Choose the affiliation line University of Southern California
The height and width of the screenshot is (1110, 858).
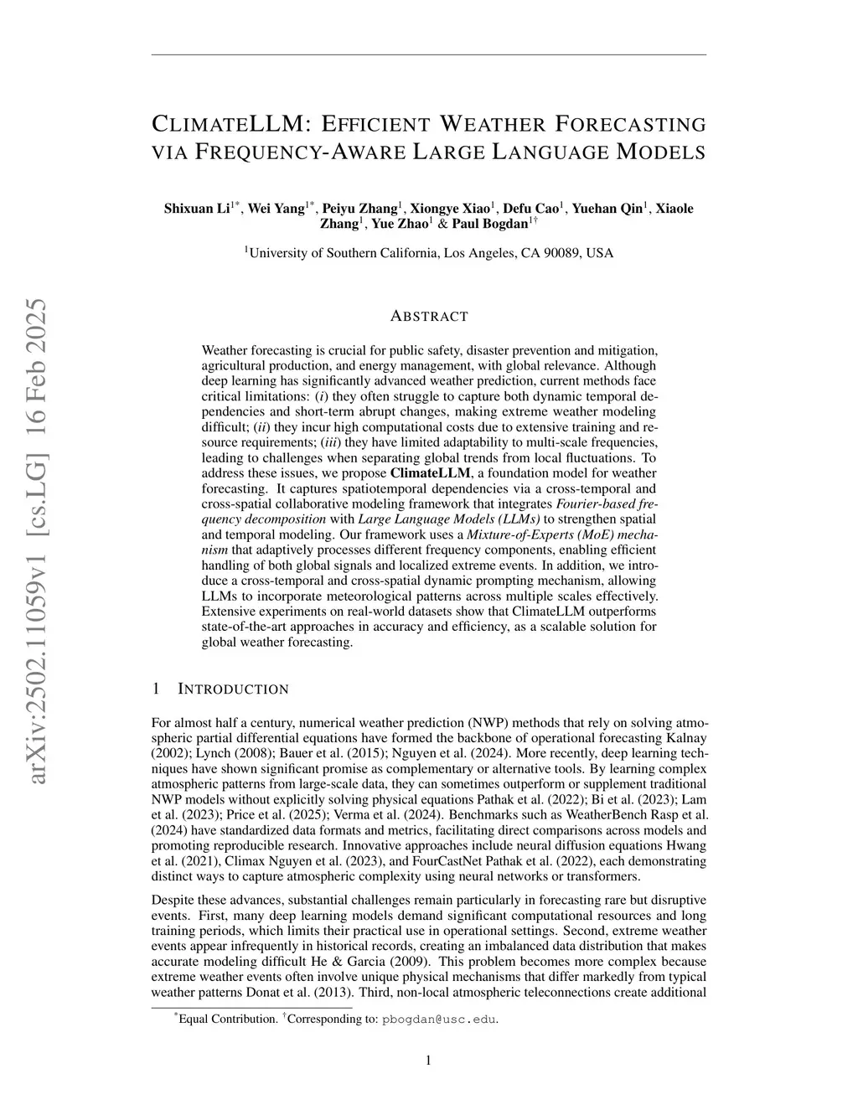(429, 252)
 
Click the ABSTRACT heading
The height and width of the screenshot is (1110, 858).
(429, 316)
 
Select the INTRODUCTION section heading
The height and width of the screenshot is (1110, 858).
(233, 689)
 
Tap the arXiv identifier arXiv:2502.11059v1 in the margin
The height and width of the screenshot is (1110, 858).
(37, 653)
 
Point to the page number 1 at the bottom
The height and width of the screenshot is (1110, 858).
(429, 1061)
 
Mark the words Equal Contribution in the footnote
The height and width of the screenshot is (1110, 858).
(228, 1020)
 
